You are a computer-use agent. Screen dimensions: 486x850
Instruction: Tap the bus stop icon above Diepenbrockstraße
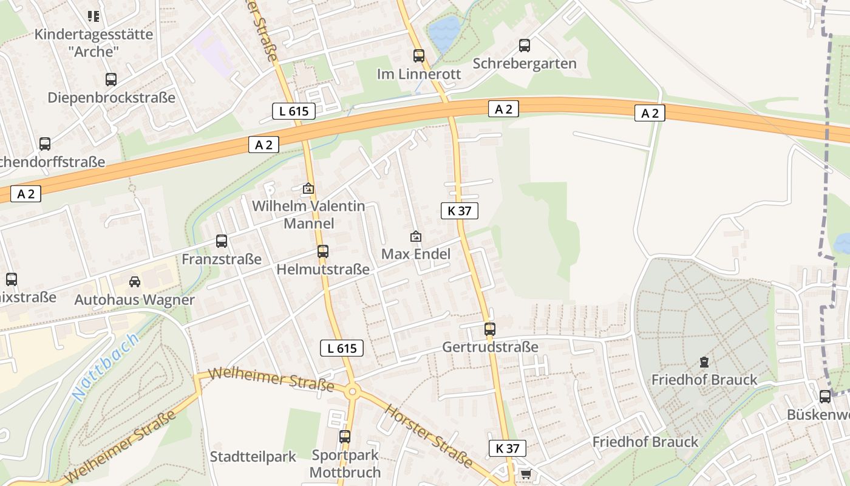tap(110, 80)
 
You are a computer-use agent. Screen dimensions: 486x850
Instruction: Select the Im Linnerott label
tap(419, 74)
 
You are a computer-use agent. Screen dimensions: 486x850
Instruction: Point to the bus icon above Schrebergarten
tap(524, 45)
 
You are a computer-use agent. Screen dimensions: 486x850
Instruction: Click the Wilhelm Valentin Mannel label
tap(308, 214)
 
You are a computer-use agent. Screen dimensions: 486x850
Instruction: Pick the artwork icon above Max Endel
tap(416, 236)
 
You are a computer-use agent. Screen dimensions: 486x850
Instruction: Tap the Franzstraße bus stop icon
tap(222, 241)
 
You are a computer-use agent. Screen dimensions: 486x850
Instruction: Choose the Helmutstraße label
tap(323, 269)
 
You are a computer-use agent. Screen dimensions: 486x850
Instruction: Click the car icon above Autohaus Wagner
tap(134, 282)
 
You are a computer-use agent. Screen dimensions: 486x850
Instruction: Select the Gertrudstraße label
tap(490, 347)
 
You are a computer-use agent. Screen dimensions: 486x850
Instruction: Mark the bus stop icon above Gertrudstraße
tap(489, 329)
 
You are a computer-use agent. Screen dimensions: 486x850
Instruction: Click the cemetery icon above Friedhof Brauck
tap(704, 362)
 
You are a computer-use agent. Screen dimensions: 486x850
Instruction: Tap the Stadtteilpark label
tap(253, 456)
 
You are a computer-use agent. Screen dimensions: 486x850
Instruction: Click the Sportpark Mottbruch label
tap(345, 464)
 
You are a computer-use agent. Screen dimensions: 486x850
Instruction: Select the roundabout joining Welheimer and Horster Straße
tap(352, 392)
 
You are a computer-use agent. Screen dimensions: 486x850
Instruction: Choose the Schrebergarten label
tap(524, 63)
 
